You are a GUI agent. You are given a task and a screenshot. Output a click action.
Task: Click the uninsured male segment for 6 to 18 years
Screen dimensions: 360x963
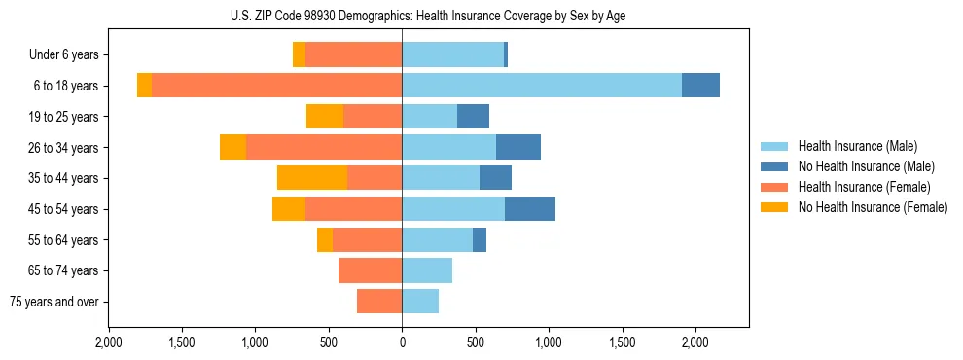700,86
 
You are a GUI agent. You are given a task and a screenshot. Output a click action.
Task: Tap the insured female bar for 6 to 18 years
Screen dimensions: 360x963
276,86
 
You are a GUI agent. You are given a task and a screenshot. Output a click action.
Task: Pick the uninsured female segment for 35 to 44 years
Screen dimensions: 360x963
312,178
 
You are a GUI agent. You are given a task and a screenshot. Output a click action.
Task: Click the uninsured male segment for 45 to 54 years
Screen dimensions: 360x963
530,209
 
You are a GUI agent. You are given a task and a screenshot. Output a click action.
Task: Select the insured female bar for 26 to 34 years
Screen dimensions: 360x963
324,147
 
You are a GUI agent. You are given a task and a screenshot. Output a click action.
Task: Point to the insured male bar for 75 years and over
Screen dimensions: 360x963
420,302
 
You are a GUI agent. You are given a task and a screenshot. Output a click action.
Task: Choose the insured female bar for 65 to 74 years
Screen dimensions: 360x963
370,270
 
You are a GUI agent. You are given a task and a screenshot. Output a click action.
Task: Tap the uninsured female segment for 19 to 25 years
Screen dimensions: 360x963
325,117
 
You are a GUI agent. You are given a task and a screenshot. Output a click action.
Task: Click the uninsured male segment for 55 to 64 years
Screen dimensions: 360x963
480,240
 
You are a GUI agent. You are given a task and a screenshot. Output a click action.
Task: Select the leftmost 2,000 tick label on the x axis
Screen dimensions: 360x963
108,342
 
